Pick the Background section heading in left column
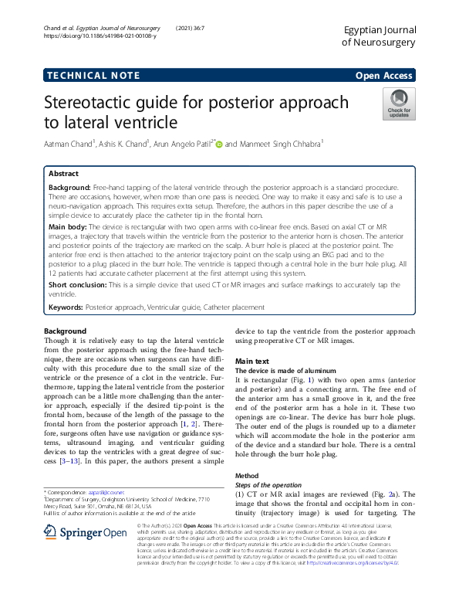[66, 330]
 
